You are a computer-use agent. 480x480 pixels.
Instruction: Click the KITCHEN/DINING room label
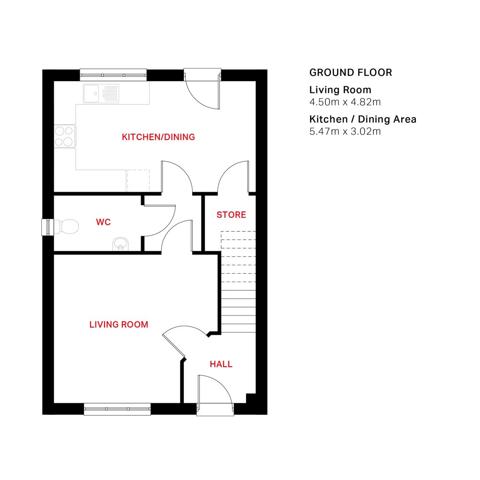tap(158, 137)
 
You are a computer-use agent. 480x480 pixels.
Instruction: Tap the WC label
tap(103, 222)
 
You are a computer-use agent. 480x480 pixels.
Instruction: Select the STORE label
tap(231, 215)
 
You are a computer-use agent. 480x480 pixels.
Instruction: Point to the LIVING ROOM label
tap(119, 324)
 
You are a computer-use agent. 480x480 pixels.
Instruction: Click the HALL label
tap(221, 364)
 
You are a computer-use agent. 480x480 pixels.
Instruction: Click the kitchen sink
tap(101, 93)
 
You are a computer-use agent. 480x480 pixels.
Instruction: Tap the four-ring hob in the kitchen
tap(65, 136)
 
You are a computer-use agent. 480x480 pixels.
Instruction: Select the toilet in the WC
tap(66, 226)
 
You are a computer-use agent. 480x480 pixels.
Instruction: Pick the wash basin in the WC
tap(120, 244)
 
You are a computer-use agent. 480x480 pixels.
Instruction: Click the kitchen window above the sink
tap(113, 75)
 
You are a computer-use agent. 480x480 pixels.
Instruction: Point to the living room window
tap(117, 409)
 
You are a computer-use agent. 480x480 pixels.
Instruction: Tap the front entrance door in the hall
tap(215, 395)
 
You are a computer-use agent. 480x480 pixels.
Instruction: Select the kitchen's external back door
tap(202, 88)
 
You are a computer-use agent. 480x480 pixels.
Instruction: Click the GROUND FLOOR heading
tap(351, 73)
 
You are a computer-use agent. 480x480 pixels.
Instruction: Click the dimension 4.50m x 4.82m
tap(345, 102)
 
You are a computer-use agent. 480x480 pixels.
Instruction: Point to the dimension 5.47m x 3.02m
tap(345, 131)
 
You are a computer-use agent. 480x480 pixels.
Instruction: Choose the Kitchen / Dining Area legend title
tap(363, 119)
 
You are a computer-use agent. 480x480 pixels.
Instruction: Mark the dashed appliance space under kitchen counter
tap(138, 180)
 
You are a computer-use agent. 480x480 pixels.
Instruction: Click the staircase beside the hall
tap(238, 282)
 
